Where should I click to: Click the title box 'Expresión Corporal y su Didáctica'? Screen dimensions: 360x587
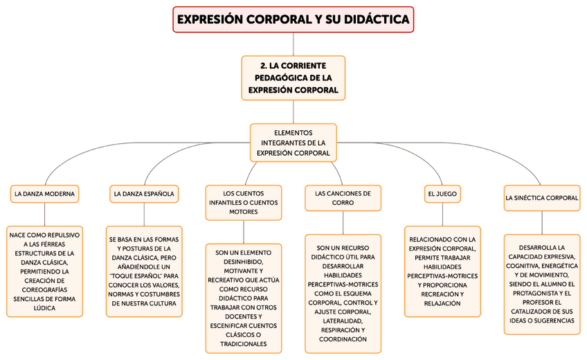(293, 19)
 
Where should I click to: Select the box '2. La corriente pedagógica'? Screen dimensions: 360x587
(293, 78)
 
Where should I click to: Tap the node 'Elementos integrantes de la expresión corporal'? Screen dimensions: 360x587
(293, 143)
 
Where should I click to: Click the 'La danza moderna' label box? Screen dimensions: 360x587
(45, 193)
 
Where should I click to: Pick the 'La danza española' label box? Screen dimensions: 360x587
(144, 193)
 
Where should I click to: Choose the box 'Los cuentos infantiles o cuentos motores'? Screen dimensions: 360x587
(244, 201)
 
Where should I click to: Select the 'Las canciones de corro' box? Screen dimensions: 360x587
(343, 197)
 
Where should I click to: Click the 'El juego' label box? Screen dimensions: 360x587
(442, 194)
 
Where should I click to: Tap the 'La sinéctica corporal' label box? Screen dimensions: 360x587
(542, 197)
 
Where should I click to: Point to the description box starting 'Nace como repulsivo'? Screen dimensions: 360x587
(45, 271)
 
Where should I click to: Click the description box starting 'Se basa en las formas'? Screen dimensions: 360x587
(144, 271)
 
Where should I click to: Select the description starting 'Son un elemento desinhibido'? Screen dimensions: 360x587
(244, 298)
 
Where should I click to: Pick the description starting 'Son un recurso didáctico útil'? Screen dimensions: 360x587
(343, 293)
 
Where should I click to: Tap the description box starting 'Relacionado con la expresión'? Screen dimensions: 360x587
(442, 271)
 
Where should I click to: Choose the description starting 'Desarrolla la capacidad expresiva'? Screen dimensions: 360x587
(542, 284)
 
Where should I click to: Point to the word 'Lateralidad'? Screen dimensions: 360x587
(343, 321)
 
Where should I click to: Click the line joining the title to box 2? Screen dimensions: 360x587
(293, 44)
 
